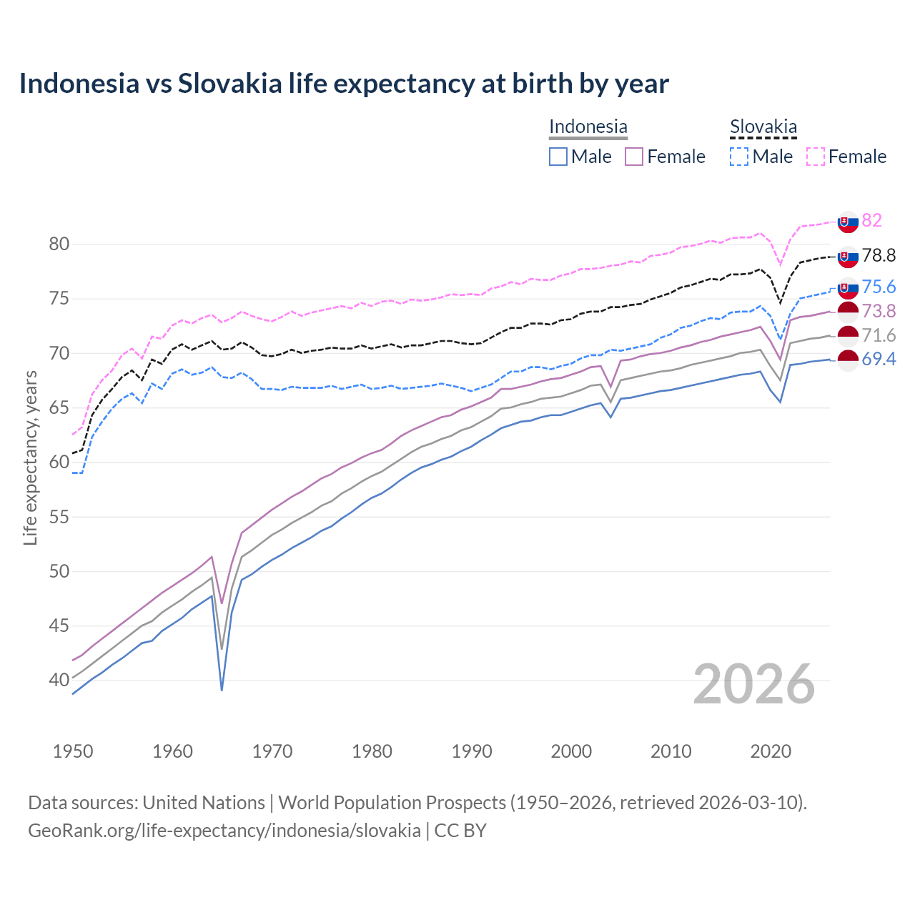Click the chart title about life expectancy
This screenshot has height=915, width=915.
point(344,84)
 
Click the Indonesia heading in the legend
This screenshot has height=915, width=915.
point(588,127)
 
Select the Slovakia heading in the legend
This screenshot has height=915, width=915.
point(763,127)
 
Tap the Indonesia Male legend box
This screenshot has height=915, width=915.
point(558,157)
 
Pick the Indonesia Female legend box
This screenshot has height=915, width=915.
point(634,157)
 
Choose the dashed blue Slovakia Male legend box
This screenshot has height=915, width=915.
point(739,157)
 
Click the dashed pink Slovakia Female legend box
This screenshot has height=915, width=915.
point(816,157)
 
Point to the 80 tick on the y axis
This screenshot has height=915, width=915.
point(59,244)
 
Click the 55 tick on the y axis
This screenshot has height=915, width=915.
point(59,517)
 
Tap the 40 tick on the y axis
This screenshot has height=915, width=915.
point(59,680)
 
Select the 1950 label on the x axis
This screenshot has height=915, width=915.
point(73,751)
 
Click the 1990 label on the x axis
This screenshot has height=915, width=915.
point(472,751)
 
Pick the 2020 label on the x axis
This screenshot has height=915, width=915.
point(771,751)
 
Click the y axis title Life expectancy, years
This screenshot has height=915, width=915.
point(31,457)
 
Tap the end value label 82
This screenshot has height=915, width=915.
point(871,220)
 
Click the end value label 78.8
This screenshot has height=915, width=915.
point(879,256)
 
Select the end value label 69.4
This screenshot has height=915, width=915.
point(879,359)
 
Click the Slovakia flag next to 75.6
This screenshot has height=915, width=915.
point(848,288)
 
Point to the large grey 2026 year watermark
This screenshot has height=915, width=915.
point(753,684)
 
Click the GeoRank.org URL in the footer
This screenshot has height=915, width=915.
point(224,831)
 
